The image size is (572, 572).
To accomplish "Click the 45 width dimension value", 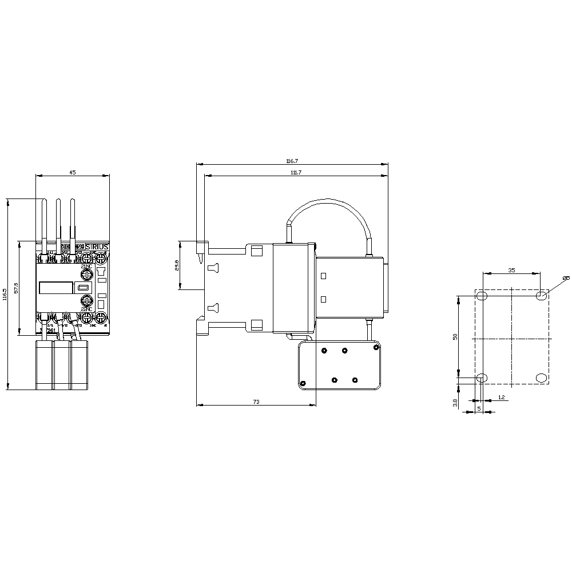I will [x=72, y=172].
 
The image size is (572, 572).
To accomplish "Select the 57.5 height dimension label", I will [x=16, y=287].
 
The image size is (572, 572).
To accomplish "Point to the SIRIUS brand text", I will [x=97, y=246].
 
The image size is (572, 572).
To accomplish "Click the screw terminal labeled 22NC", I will [x=86, y=301].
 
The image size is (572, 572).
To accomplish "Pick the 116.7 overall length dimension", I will [x=292, y=162].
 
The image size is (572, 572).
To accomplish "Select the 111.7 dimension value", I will [x=296, y=173].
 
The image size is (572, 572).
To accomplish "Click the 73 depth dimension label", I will [x=256, y=402].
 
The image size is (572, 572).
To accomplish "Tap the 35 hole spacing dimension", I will [x=511, y=270].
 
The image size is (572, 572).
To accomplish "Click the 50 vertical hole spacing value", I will [x=455, y=337].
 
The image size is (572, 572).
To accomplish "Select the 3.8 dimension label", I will [x=455, y=403].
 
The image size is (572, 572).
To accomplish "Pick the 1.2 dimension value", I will [x=501, y=397].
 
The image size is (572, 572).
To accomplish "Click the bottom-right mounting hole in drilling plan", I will [x=541, y=378].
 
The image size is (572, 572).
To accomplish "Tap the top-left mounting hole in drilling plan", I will [x=482, y=296].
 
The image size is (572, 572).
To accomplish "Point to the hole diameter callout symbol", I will [x=565, y=279].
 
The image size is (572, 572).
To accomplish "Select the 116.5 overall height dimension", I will [x=5, y=294].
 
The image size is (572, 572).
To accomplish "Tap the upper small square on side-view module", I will [x=323, y=276].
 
